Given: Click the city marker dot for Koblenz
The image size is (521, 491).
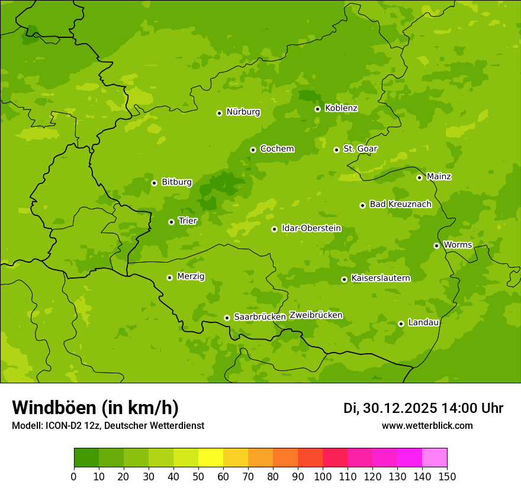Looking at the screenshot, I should (318, 109).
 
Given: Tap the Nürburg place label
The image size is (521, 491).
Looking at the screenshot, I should (243, 112).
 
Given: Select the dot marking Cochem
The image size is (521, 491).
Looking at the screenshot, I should (253, 150).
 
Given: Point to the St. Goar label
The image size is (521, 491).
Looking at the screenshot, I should (360, 149).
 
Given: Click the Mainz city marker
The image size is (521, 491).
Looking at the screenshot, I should (419, 177).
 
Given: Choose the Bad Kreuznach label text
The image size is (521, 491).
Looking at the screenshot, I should (400, 204).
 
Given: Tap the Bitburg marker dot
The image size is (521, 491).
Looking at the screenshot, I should (154, 183).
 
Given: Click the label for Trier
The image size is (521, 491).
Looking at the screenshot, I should (188, 221).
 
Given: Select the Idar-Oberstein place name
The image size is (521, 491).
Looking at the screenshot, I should (311, 228).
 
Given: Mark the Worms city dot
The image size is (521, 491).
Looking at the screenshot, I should (436, 246).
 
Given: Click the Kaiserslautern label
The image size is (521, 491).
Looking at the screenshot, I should (380, 278).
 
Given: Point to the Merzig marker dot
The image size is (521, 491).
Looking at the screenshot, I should (169, 277).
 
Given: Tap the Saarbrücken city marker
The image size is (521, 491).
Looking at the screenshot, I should (227, 318).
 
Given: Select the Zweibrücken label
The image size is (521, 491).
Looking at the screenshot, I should (316, 315).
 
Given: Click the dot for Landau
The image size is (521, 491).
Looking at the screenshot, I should (401, 324).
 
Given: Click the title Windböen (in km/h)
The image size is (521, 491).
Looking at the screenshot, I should (95, 408).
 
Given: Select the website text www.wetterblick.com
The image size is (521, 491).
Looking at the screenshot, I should (427, 425).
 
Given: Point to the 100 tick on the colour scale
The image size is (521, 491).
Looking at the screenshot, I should (323, 476).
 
